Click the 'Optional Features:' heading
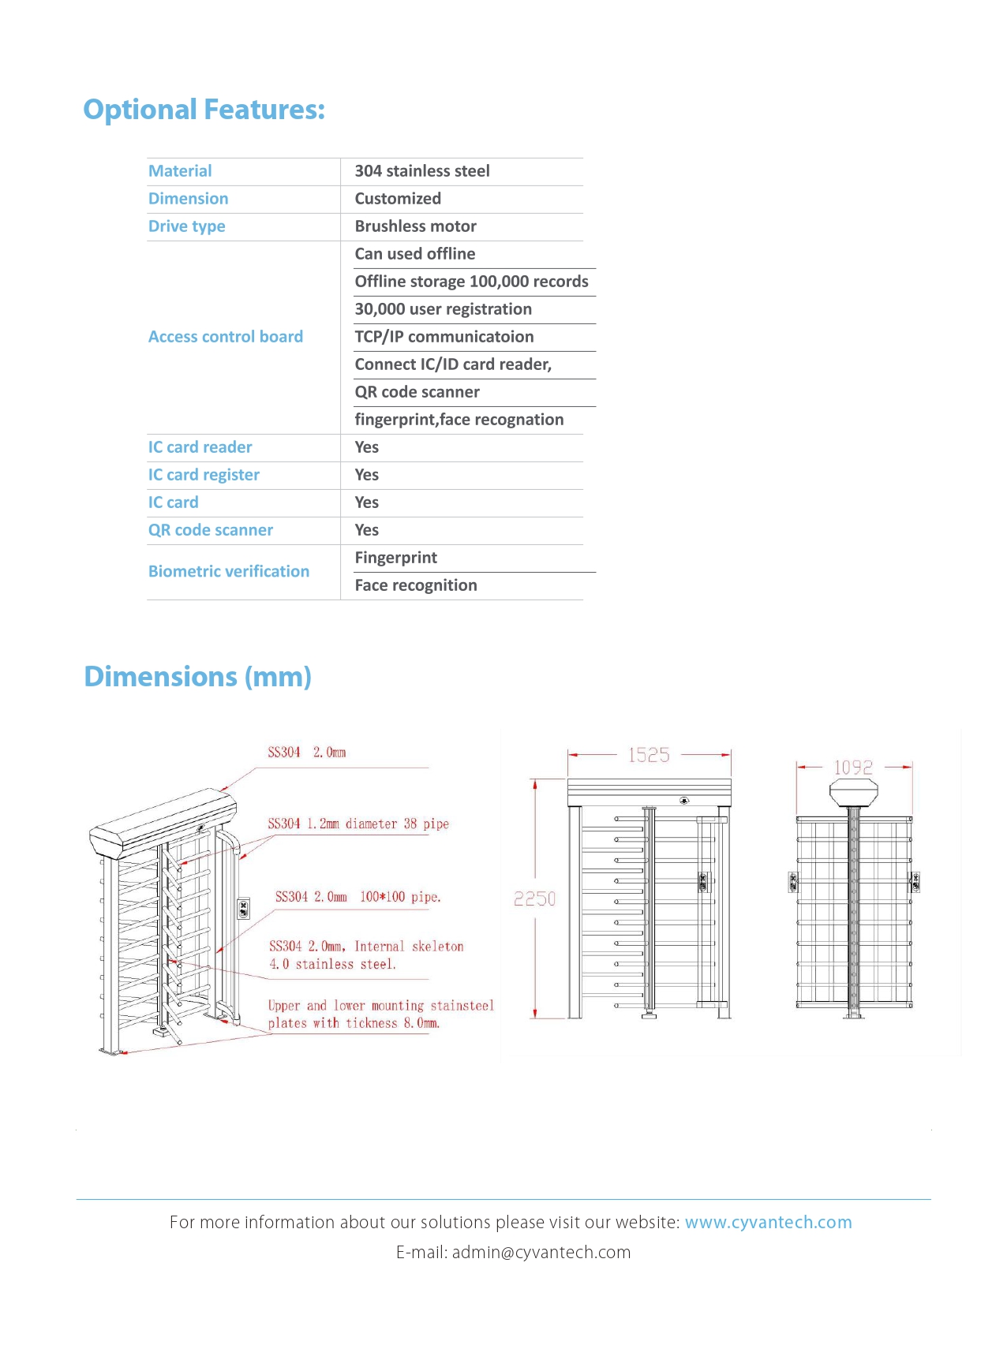204,109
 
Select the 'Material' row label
180,171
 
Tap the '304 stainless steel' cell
421,171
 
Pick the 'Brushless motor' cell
415,226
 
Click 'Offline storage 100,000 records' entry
471,282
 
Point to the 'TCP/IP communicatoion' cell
444,337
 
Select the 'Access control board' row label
226,337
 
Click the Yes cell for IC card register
366,475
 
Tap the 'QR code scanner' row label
211,530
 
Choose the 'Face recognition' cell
415,585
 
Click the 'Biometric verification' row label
229,571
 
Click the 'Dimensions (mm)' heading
197,677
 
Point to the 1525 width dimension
649,755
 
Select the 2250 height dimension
535,898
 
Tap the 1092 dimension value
853,768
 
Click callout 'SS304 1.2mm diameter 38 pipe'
358,824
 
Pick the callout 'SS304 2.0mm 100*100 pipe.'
358,897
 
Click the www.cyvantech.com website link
768,1222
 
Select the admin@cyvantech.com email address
541,1252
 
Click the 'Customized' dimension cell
398,199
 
